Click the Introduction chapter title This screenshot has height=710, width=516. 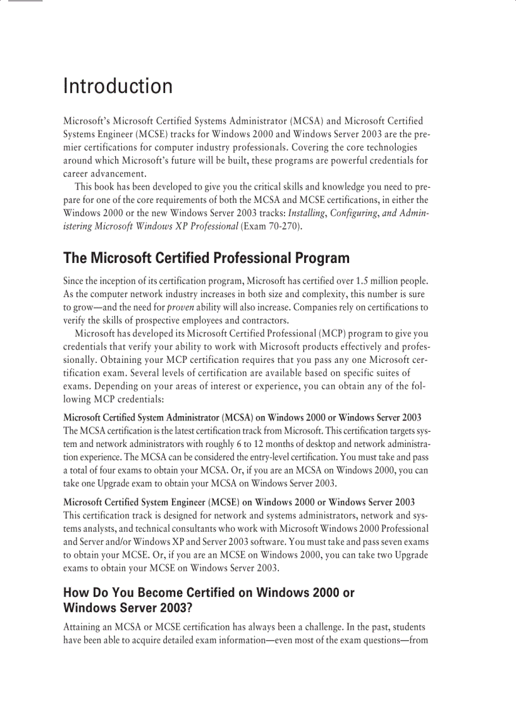118,86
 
